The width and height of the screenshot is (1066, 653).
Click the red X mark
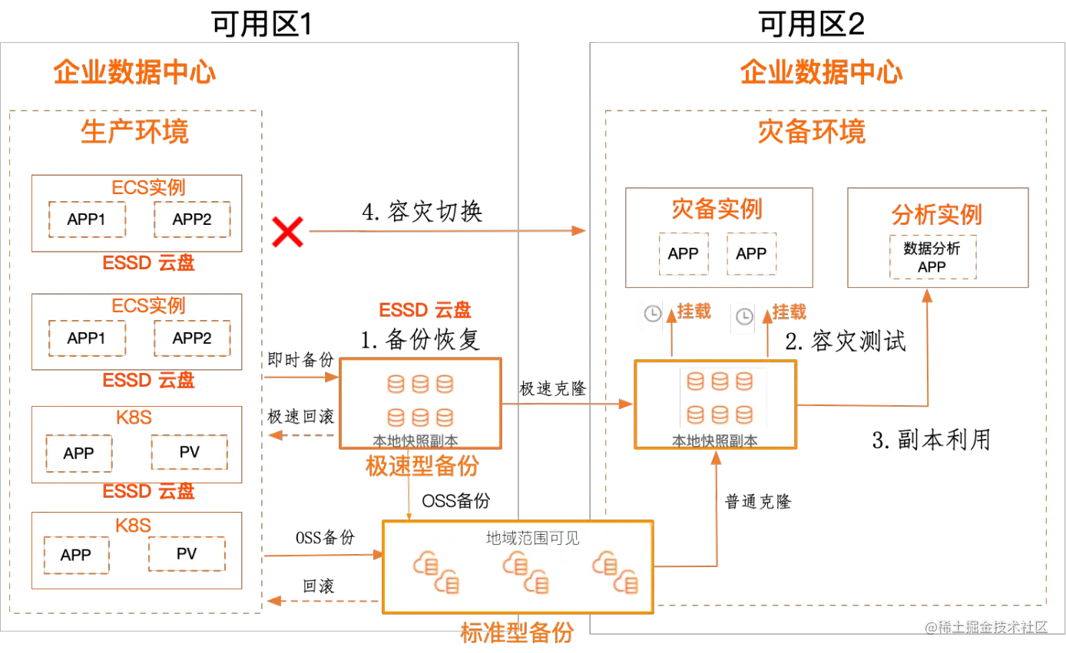click(x=288, y=232)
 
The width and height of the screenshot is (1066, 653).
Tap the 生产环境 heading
click(x=135, y=132)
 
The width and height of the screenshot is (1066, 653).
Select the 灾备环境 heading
click(x=811, y=132)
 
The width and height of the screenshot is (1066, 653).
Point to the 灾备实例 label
click(x=717, y=209)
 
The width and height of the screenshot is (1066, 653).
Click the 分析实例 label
click(x=937, y=214)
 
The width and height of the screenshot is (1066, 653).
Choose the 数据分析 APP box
click(x=932, y=258)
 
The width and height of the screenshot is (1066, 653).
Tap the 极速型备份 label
click(x=423, y=466)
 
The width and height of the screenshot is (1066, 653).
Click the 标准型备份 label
click(x=517, y=632)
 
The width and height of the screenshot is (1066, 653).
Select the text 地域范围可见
click(x=533, y=538)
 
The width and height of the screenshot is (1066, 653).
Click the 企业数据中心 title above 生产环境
click(x=134, y=74)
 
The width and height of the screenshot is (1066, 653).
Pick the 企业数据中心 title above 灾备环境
click(x=820, y=74)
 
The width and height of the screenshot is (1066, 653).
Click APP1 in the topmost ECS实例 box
click(x=87, y=219)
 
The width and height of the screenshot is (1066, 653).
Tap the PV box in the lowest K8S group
click(x=187, y=554)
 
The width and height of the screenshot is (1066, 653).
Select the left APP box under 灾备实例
click(x=683, y=254)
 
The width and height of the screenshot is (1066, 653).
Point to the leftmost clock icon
click(x=652, y=314)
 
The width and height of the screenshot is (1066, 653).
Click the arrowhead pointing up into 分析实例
click(x=928, y=295)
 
